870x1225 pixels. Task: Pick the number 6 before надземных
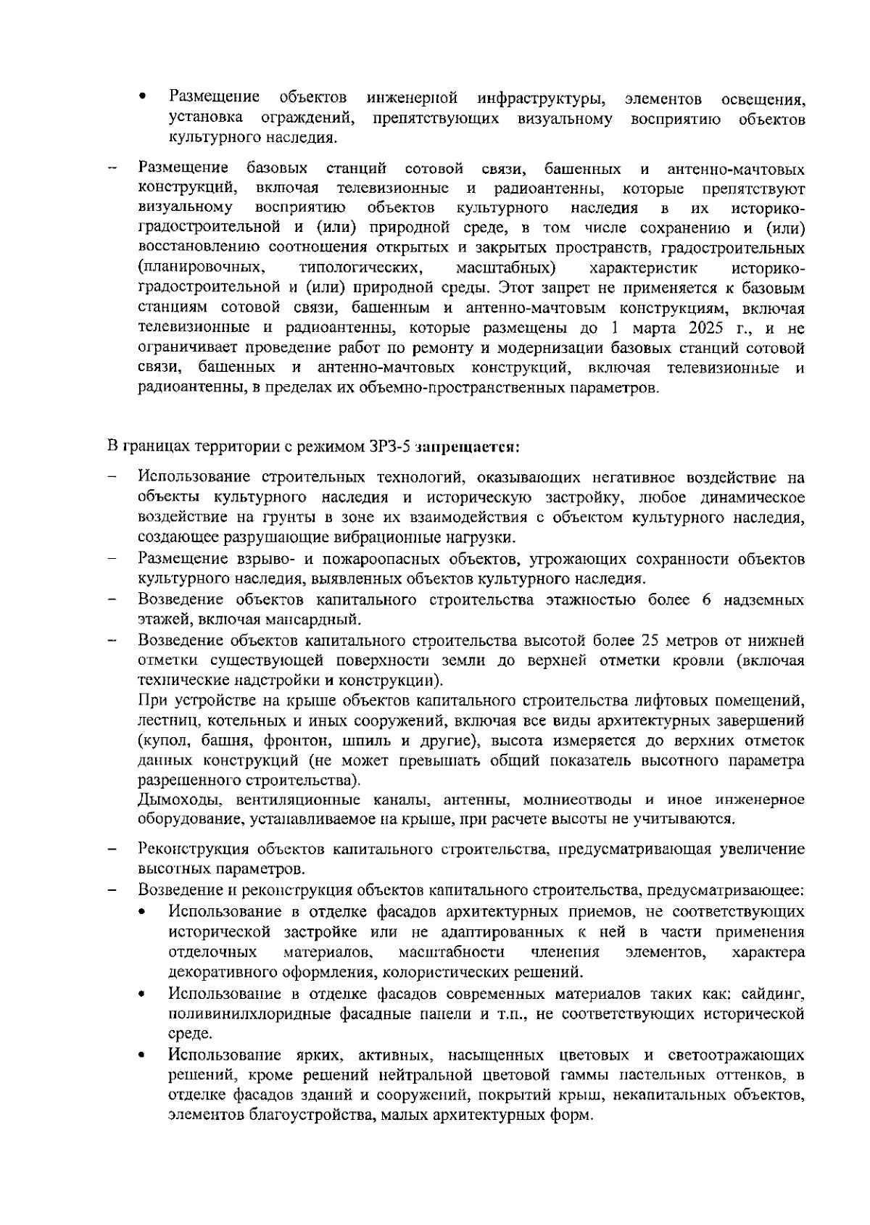point(707,600)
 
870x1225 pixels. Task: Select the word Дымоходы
point(172,800)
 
